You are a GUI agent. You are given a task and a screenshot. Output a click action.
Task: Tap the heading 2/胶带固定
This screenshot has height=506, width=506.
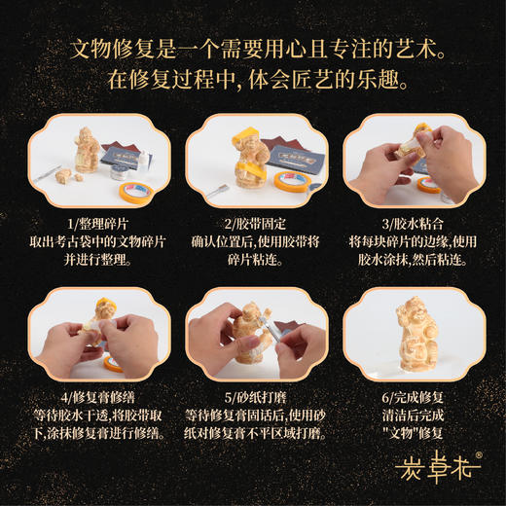(253, 222)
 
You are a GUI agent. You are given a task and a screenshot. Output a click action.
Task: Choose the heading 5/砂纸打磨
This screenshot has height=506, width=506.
(253, 396)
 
